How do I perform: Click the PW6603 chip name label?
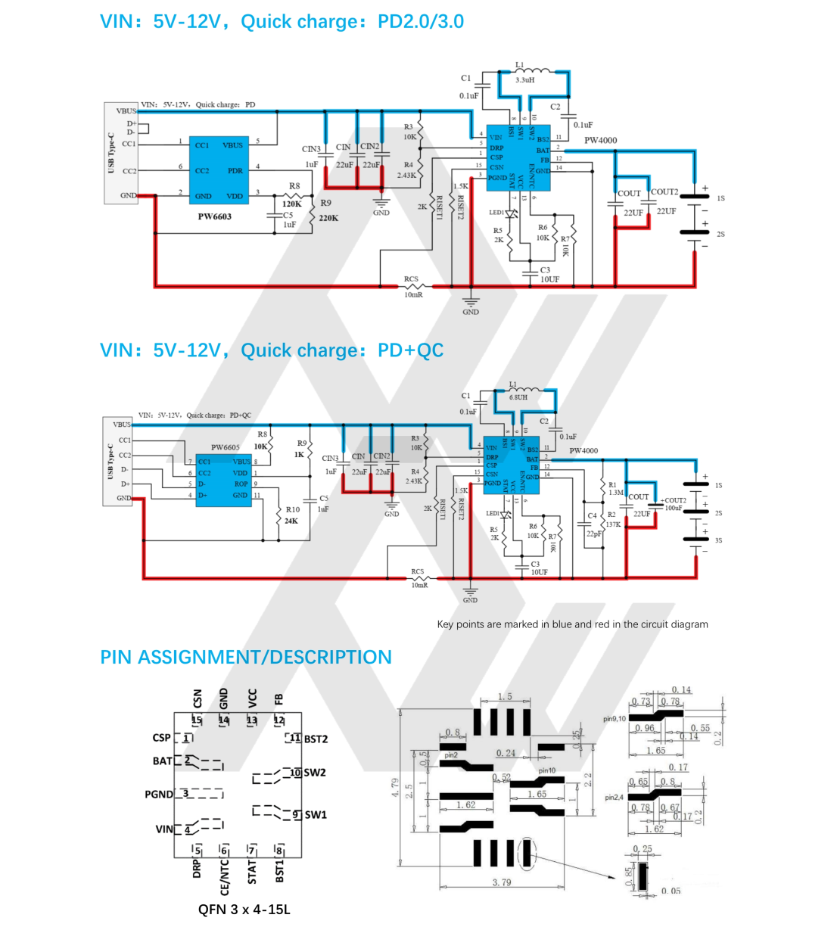[x=215, y=216]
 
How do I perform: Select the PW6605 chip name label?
[x=226, y=447]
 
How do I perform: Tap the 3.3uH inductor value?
[x=525, y=79]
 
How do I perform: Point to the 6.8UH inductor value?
[x=518, y=397]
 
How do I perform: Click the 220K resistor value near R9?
[x=328, y=218]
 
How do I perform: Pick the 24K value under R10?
[x=291, y=521]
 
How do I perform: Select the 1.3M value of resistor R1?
[x=616, y=493]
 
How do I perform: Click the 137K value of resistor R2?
[x=613, y=524]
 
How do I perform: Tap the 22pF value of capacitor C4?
[x=594, y=533]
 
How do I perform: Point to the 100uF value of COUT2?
[x=674, y=508]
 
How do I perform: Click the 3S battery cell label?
[x=718, y=540]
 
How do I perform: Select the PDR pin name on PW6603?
[x=235, y=171]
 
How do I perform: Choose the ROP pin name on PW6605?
[x=241, y=484]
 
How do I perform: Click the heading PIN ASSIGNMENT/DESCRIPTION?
[x=246, y=657]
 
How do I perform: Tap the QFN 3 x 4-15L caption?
[x=244, y=910]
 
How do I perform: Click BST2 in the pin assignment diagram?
[x=316, y=739]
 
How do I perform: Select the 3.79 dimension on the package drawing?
[x=502, y=882]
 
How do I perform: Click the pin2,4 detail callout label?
[x=614, y=798]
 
